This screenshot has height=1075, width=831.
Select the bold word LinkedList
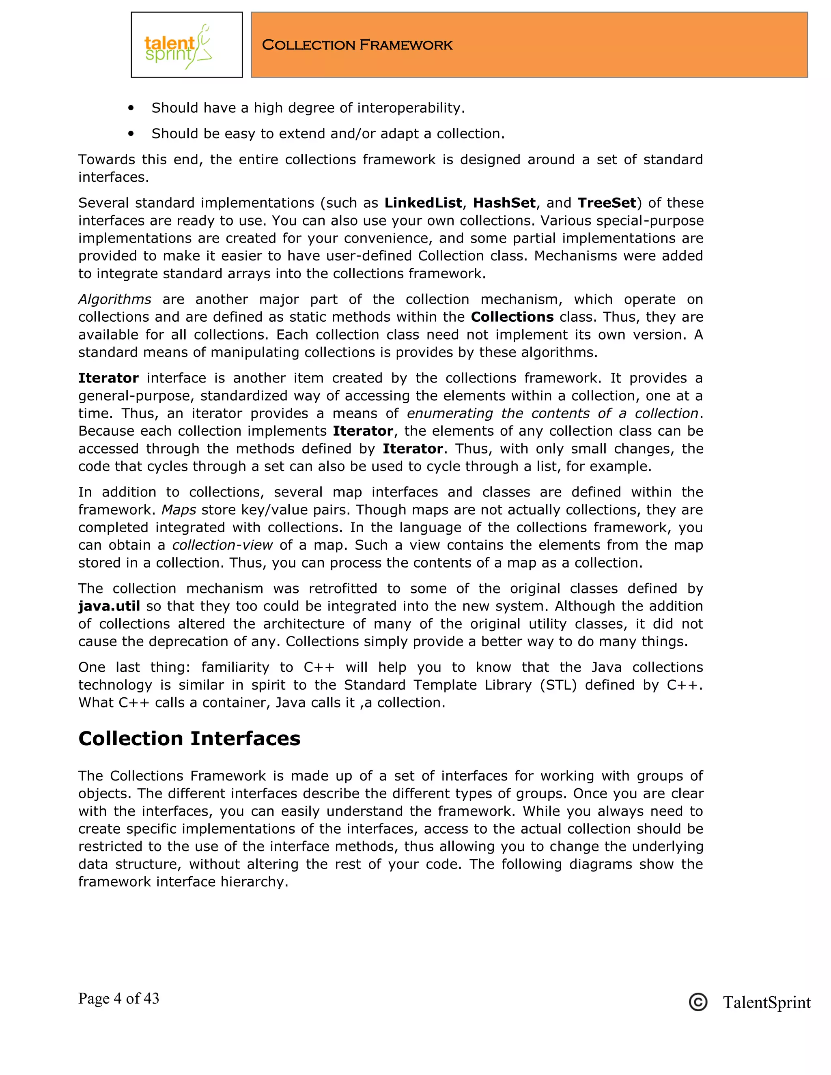423,203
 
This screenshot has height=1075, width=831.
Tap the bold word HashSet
504,203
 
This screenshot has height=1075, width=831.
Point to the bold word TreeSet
607,203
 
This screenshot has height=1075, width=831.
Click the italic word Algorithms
115,299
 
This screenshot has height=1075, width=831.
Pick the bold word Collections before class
512,317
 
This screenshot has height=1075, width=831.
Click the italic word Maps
179,510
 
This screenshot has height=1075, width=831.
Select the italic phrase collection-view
222,545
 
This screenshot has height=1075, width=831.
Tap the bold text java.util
109,606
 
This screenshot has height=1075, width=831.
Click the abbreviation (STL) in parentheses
558,685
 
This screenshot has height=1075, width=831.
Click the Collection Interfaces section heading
189,738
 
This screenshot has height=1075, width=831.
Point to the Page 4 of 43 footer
118,998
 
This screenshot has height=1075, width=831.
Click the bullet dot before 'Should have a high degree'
131,108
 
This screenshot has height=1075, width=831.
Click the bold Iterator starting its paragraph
108,378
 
